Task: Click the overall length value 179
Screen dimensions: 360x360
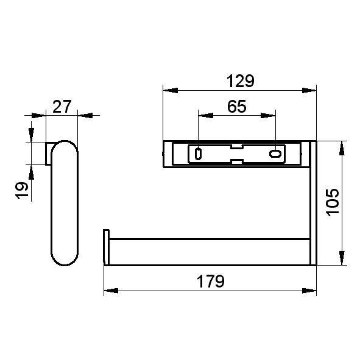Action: tap(210, 281)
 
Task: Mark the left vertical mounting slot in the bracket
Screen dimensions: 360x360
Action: tap(198, 154)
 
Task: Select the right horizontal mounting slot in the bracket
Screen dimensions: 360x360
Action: tap(275, 154)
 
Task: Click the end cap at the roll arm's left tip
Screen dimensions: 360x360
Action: tap(106, 247)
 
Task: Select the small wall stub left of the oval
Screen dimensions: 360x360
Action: tap(48, 154)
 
